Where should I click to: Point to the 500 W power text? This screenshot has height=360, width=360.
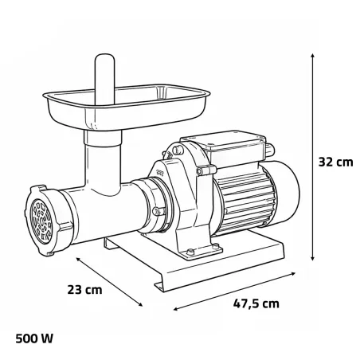(x=33, y=338)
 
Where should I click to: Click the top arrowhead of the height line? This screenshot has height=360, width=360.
(x=311, y=58)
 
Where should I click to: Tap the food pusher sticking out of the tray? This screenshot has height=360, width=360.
(x=101, y=76)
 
